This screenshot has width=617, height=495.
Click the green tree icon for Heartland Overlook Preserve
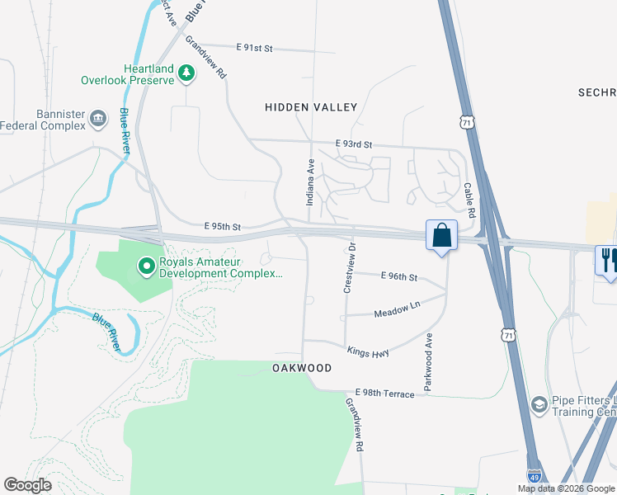[x=187, y=73]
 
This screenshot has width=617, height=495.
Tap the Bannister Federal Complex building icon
[x=98, y=119]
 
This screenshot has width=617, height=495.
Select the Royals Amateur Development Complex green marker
[x=146, y=266]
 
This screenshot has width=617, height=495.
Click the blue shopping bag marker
[x=442, y=235]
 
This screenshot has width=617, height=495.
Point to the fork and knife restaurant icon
[x=609, y=261]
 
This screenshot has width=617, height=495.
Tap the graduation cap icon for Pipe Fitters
[x=539, y=403]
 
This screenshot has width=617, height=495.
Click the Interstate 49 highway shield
[x=535, y=476]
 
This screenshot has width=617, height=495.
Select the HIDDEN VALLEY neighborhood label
[x=311, y=107]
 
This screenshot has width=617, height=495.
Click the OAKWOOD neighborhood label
[x=302, y=368]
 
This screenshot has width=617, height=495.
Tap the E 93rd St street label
[x=354, y=144]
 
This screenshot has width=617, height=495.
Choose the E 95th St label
[x=222, y=226]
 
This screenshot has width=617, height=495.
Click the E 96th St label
[x=398, y=277]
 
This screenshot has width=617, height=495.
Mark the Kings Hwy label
[x=367, y=351]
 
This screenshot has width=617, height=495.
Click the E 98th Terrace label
[x=385, y=394]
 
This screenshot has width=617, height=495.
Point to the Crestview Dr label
[x=349, y=267]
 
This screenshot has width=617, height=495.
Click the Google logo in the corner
[x=28, y=485]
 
